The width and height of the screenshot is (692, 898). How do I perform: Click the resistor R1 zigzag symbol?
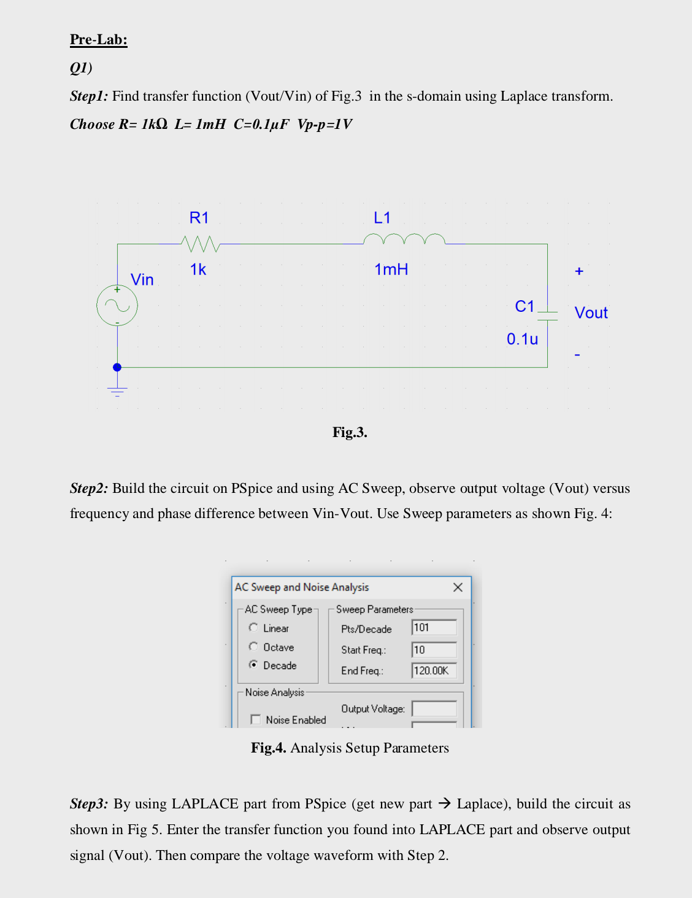[x=201, y=244]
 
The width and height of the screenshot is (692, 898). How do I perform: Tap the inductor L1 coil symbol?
[x=404, y=239]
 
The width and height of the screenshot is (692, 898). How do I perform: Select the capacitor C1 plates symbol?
[x=547, y=315]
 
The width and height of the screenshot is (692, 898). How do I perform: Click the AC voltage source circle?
[x=117, y=306]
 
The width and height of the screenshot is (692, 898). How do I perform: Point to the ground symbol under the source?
[x=117, y=391]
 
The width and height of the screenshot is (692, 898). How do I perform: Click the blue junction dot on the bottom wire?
[x=117, y=367]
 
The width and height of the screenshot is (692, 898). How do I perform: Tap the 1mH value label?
[x=391, y=269]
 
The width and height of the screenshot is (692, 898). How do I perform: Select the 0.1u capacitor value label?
[x=522, y=339]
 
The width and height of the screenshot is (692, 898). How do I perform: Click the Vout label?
[x=591, y=313]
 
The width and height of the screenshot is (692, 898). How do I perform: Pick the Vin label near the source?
[x=142, y=280]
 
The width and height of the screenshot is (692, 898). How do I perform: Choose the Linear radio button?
[x=253, y=627]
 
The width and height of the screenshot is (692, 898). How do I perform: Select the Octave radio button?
[x=253, y=646]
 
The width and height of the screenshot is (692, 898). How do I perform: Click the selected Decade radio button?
[x=253, y=665]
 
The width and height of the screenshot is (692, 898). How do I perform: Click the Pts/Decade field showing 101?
[x=434, y=627]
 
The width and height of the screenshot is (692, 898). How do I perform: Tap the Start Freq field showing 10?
[x=434, y=649]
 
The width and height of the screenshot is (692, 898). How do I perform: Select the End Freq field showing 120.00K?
[x=434, y=670]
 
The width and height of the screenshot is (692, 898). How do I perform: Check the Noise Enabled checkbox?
[x=256, y=719]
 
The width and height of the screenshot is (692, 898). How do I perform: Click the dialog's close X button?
[x=458, y=587]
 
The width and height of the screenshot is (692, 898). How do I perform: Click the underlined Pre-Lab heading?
[x=99, y=40]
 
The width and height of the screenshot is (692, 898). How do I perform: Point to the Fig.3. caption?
[x=350, y=432]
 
